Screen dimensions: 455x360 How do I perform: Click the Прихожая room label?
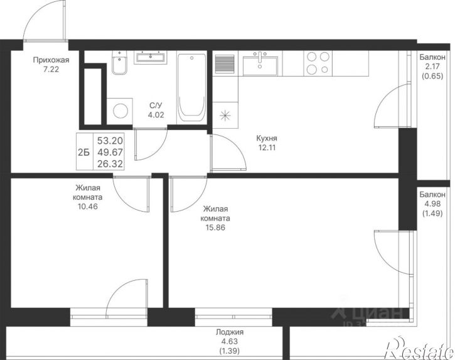click(51, 60)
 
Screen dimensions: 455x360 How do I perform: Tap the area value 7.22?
click(51, 70)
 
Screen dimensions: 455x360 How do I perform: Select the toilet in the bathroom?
click(119, 62)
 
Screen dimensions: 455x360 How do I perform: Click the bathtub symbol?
click(191, 87)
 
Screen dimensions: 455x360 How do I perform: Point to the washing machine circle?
click(120, 111)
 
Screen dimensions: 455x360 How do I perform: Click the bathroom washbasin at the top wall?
click(151, 57)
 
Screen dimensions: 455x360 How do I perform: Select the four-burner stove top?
click(318, 63)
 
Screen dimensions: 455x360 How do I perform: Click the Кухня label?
click(267, 138)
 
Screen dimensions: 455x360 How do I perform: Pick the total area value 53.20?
click(110, 141)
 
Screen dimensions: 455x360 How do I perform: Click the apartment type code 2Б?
click(84, 152)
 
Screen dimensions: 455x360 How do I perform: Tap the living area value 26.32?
click(110, 164)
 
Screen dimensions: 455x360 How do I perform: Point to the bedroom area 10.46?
click(87, 207)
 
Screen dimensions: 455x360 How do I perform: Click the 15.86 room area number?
click(215, 228)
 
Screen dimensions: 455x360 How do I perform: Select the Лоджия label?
click(230, 332)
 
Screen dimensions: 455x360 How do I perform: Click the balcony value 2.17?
click(432, 67)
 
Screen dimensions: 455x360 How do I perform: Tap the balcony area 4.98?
click(432, 204)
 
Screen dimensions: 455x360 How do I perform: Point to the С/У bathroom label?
click(156, 105)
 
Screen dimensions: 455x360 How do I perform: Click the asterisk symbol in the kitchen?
click(225, 116)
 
